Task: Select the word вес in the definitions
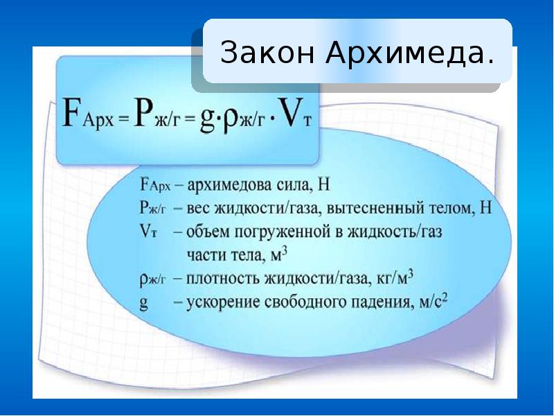pyautogui.click(x=197, y=208)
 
